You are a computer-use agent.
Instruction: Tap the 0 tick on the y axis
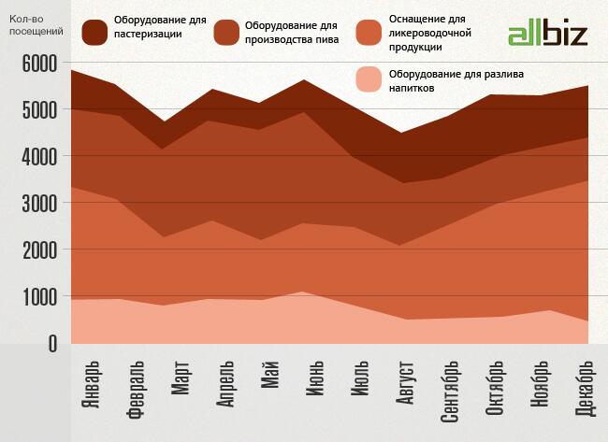51,344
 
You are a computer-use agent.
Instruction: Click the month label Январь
91,386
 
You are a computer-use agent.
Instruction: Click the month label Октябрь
496,388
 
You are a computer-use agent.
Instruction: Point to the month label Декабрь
586,389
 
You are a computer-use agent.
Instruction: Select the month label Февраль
136,389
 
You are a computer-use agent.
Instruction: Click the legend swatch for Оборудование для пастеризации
94,33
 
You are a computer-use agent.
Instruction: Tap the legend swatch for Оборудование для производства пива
227,33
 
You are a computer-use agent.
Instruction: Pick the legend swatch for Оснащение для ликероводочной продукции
372,33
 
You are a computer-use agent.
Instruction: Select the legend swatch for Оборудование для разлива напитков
372,81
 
